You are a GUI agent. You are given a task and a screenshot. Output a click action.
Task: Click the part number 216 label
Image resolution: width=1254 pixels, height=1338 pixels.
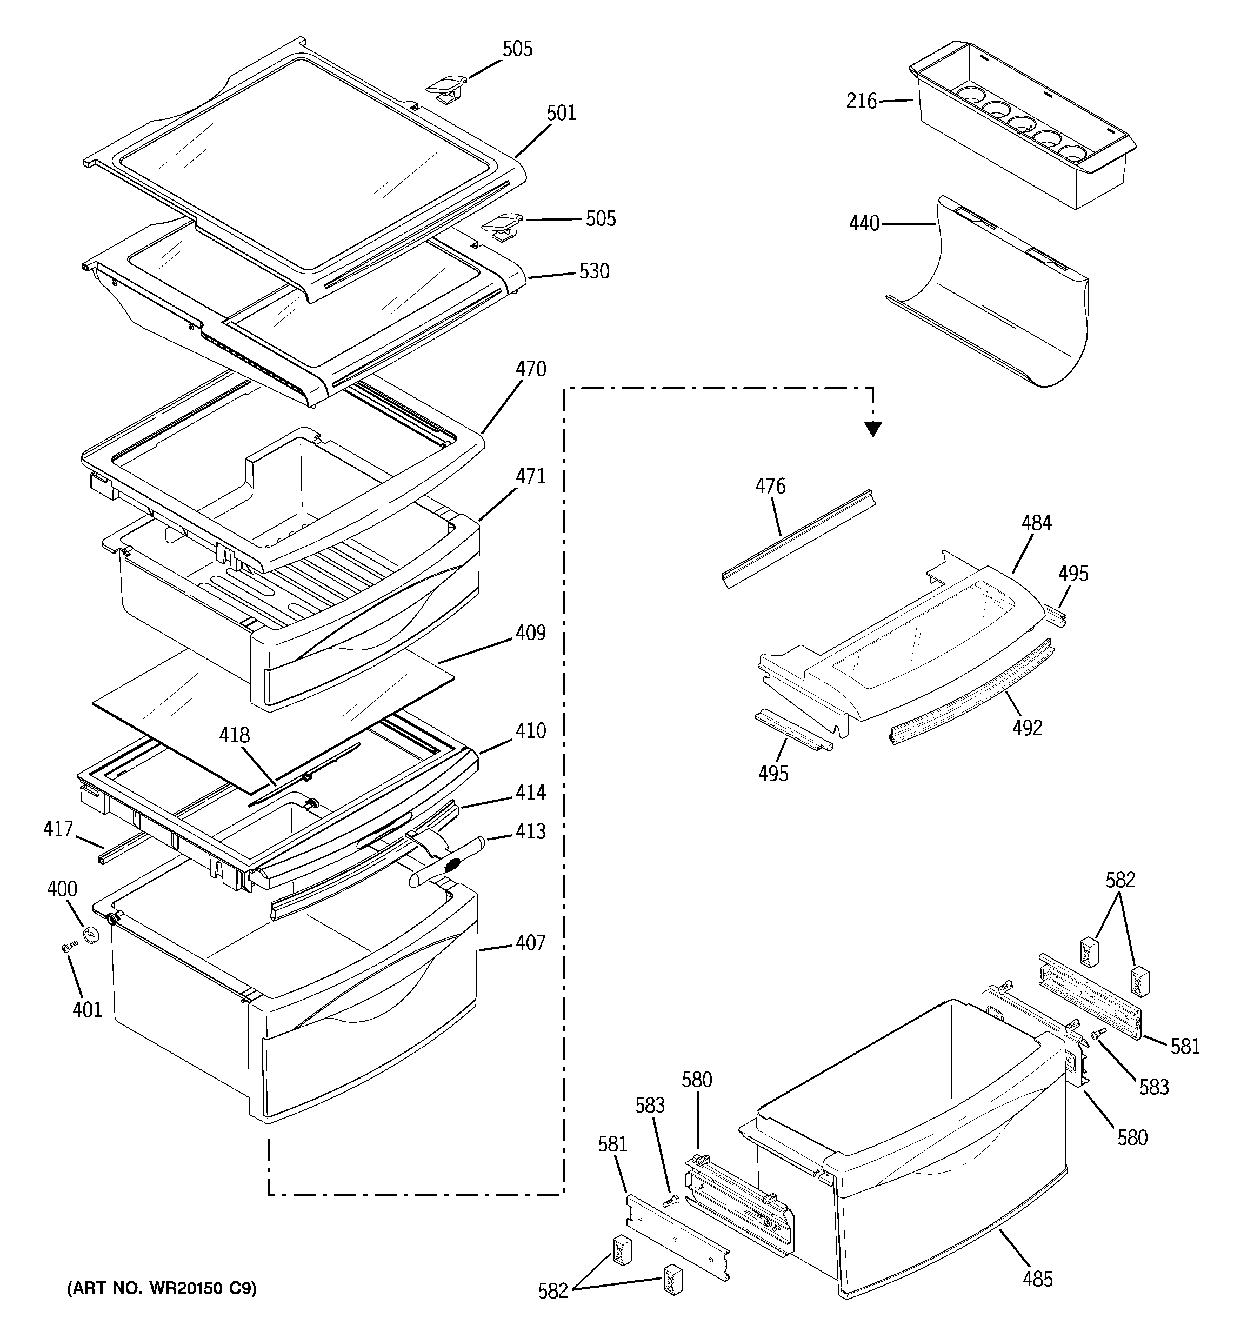(x=861, y=102)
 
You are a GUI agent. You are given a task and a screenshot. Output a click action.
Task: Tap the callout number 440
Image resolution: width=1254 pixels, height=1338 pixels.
(x=864, y=223)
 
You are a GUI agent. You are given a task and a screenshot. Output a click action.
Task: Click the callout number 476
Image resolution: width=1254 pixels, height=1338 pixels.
(x=770, y=486)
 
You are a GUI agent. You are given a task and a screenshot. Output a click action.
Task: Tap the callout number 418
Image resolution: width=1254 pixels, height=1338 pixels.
(x=234, y=735)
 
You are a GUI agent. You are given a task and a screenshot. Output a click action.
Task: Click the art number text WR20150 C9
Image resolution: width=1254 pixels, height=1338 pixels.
(x=162, y=1288)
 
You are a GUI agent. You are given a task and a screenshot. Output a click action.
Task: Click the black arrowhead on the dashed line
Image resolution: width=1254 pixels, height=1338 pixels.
(x=873, y=429)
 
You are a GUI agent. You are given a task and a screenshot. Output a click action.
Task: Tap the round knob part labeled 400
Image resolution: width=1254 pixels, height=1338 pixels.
(x=90, y=936)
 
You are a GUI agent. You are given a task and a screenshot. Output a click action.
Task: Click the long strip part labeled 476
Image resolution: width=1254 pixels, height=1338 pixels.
(x=798, y=538)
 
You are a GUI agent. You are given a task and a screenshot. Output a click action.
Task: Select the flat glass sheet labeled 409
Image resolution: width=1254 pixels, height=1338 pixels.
(x=269, y=714)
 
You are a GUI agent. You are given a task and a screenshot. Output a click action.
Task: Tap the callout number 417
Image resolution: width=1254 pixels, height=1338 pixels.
(x=58, y=829)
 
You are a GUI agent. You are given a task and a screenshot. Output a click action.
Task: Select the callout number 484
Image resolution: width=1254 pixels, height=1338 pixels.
(x=1036, y=523)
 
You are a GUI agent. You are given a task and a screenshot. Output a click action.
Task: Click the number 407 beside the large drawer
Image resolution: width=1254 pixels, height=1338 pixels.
(x=530, y=943)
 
